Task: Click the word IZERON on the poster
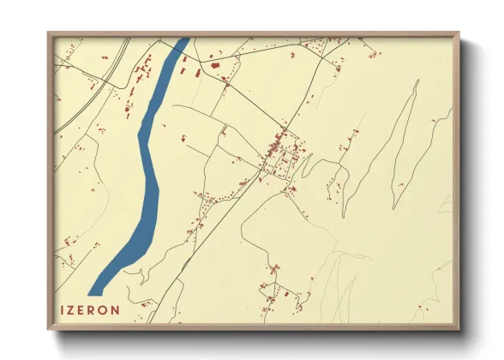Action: coord(90,308)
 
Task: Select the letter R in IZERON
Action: coord(97,308)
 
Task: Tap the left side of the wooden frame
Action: coord(51,180)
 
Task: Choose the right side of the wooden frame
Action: coord(457,180)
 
